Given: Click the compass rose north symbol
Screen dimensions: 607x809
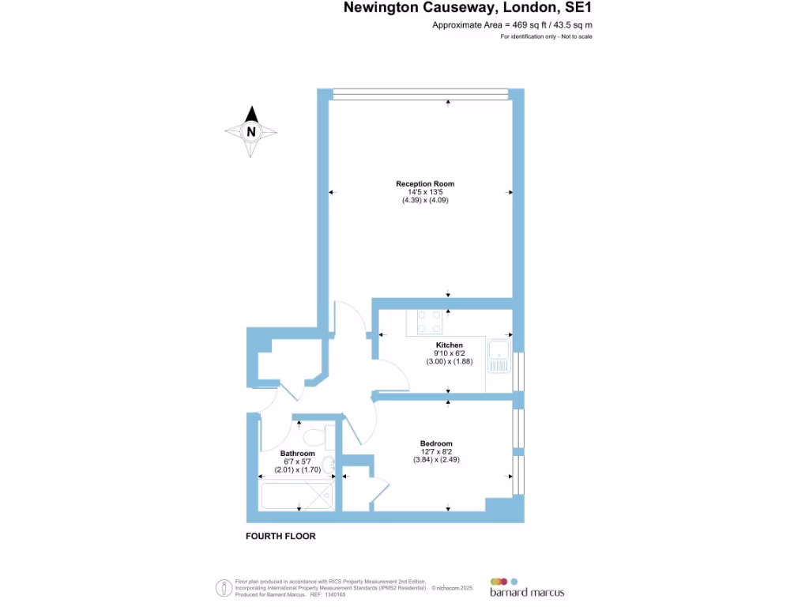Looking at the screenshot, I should coord(251,131).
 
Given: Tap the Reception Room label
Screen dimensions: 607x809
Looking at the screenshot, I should coord(425,184).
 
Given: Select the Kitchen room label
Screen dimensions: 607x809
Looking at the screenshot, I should coord(449,345).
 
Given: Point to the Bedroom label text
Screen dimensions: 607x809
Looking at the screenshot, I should coord(436,443).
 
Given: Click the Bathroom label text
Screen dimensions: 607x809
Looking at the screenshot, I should coord(297,454).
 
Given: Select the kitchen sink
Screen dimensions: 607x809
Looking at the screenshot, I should coord(499,356).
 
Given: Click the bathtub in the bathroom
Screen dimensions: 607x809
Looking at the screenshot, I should coord(297,496).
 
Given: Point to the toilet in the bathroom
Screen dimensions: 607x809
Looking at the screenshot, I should coord(313,435).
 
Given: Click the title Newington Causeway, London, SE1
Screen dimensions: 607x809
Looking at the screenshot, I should coord(468,9).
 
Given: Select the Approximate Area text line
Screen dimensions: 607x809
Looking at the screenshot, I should coord(512,25).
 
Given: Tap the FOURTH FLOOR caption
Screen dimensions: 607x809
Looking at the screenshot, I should coord(280,536).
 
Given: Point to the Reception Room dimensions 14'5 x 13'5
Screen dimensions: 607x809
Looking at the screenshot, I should coord(425,192).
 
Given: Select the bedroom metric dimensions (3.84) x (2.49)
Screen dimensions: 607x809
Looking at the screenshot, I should coord(436,460).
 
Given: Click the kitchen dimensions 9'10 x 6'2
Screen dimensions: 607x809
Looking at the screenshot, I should coord(449,353).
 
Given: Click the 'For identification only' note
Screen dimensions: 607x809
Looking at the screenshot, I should coord(546,37).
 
